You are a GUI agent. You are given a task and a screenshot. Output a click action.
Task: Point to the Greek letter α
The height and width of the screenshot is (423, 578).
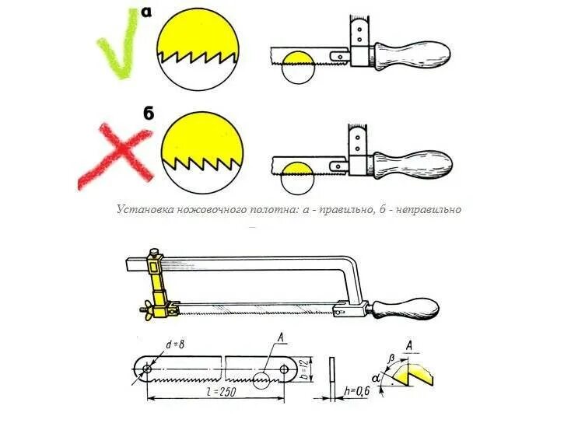click(x=377, y=379)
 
